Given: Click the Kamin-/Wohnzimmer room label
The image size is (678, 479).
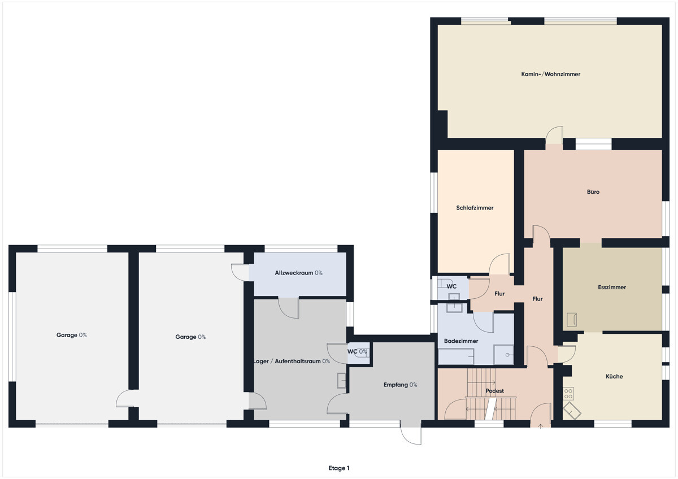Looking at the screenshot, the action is point(550,74).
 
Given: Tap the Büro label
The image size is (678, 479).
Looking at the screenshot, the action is point(593,192).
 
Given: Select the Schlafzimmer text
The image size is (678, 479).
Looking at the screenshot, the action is point(475,208).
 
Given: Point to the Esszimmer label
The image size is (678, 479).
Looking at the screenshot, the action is point(612,287).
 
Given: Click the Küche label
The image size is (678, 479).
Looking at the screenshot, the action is point(614,376).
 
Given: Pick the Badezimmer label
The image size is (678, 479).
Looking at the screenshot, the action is point(461,341).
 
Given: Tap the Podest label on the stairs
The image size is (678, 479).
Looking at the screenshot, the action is point(494,391).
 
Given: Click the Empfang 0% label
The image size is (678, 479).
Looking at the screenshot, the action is point(400,385).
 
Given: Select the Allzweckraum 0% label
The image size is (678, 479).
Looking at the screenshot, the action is point(298,273).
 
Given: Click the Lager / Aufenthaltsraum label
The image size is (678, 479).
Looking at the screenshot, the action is point(286,362).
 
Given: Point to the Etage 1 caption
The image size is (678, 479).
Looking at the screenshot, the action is point(338,468).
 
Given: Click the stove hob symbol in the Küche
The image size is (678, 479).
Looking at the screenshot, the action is point(568,394).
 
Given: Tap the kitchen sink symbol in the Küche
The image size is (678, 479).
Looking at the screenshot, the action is point(572,411).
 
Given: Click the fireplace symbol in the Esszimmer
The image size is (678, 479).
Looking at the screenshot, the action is point(572,320).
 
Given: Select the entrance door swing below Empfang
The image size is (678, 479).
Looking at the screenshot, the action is point(411,433).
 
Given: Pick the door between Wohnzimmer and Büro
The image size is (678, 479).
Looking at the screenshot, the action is point(554,135).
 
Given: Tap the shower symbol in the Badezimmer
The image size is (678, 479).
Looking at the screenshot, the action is point(503,355).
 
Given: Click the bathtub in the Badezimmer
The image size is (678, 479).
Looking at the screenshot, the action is point(456,356).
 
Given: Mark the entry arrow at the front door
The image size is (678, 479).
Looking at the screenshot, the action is point(540,426).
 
